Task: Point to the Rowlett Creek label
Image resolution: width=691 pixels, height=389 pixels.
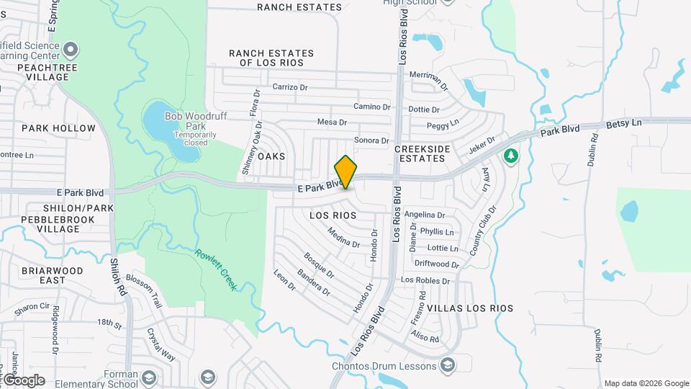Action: (216, 269)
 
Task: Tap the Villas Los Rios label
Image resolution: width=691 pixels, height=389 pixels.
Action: (470, 308)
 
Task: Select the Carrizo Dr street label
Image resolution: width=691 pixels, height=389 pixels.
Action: (290, 87)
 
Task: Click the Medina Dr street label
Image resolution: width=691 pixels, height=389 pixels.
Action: (343, 237)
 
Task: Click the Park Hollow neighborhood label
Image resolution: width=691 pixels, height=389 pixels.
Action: (58, 128)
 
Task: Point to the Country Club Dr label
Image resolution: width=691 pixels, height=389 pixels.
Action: (483, 231)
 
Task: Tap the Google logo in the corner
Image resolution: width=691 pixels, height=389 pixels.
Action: (24, 380)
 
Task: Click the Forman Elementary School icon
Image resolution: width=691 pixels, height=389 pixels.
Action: (149, 377)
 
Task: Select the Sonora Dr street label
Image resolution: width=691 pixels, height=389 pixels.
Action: (371, 140)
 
